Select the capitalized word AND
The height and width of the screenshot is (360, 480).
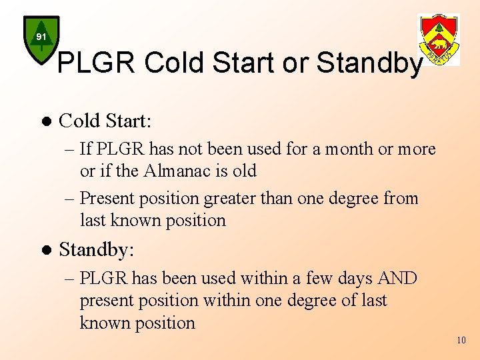coord(396,278)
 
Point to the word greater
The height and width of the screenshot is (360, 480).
coord(236,199)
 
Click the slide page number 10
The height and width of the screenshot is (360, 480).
coord(461,341)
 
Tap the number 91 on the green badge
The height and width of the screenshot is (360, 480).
coord(41,37)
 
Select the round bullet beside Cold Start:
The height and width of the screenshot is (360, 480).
coord(45,121)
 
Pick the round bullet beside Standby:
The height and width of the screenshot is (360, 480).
coord(45,251)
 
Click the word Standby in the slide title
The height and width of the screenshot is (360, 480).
coord(369,63)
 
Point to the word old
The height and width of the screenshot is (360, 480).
coord(244,171)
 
